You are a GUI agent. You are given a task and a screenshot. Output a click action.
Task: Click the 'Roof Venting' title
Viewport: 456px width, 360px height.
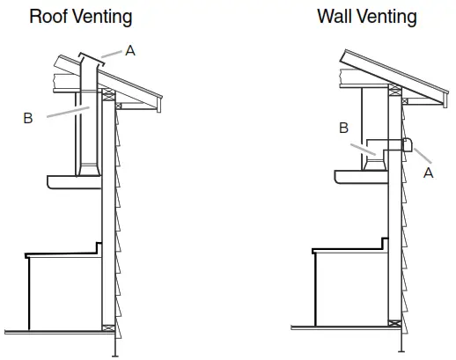point(81,16)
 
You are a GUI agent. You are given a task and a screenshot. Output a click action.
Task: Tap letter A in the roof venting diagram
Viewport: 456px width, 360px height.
point(129,51)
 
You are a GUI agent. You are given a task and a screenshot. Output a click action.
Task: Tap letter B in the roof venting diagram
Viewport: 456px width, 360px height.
point(28,117)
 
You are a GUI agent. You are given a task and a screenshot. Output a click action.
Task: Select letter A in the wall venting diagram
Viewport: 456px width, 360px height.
point(428,173)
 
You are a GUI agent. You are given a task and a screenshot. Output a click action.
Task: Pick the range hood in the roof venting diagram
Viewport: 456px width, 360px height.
point(75,181)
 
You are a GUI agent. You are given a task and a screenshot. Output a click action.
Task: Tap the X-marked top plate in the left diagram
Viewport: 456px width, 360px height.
point(108,94)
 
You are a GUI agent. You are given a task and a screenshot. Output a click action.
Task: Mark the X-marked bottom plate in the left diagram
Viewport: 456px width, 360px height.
point(108,329)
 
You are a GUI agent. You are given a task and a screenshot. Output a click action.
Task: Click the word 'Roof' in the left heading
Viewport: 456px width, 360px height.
point(47,16)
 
